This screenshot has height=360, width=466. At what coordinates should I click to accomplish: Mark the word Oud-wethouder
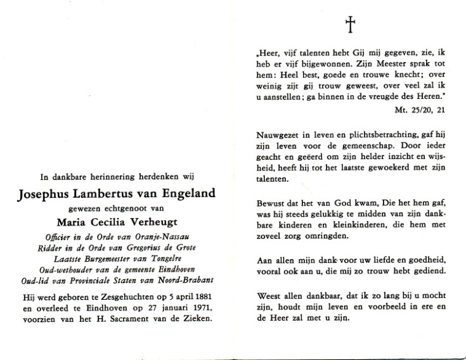click(54, 271)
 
